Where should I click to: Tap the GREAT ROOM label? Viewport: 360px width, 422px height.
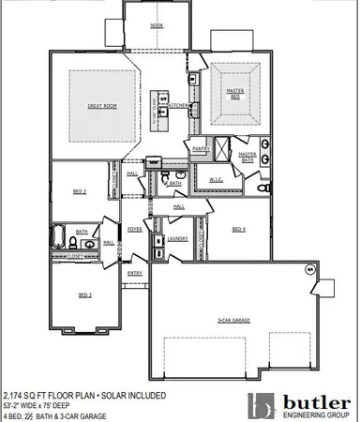tap(100, 106)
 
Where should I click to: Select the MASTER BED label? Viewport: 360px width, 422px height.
tap(234, 93)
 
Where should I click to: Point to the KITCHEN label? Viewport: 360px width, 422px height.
tap(181, 107)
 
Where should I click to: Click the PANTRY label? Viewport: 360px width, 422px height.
tap(200, 148)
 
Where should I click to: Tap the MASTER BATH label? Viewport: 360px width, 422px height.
tap(247, 157)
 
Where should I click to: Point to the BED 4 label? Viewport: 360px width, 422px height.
tap(238, 228)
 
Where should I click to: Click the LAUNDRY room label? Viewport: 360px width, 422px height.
tap(176, 238)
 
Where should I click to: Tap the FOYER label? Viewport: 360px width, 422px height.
tap(135, 228)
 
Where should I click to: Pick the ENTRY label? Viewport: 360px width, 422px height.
tap(135, 273)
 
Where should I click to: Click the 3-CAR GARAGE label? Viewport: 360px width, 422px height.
tap(232, 321)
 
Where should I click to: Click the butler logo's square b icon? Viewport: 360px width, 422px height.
tap(262, 406)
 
